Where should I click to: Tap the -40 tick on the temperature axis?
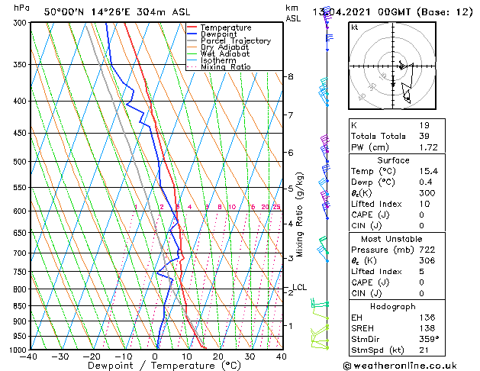[x=31, y=356]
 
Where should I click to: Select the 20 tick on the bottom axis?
[x=218, y=356]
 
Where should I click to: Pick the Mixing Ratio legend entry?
[x=226, y=67]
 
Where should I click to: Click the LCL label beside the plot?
[x=299, y=288]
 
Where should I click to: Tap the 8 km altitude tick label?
[x=291, y=77]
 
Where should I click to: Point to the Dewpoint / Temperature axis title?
[x=156, y=366]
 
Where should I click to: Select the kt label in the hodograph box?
[x=354, y=27]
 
